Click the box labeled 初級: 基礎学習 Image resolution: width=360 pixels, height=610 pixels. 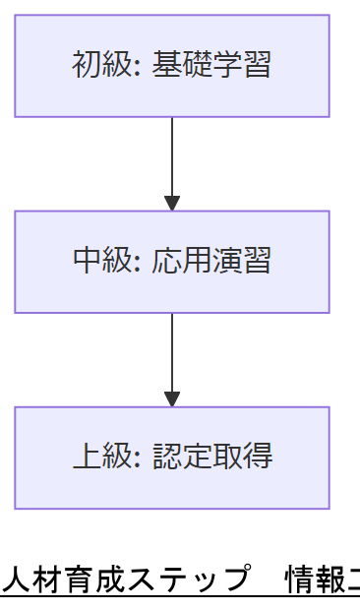click(x=172, y=66)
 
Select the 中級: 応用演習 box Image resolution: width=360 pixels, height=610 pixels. click(x=172, y=262)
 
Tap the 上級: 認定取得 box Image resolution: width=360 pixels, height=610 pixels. click(x=172, y=457)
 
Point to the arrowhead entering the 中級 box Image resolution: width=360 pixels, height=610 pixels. click(x=172, y=204)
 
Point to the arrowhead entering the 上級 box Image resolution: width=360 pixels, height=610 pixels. click(x=172, y=399)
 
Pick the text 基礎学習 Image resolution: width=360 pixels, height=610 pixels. click(x=211, y=66)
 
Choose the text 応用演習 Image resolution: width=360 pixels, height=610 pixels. click(x=211, y=262)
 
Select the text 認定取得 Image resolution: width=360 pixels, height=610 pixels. click(x=211, y=457)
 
